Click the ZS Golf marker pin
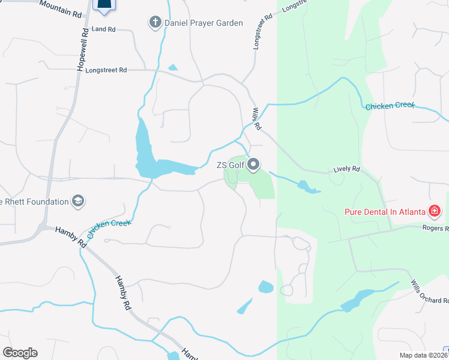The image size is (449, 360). click(253, 164)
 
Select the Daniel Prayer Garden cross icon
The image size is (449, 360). click(155, 23)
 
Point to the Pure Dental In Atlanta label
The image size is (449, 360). click(384, 211)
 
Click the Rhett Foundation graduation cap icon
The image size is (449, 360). click(77, 201)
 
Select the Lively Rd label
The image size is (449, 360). click(347, 170)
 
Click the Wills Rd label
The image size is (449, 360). click(256, 119)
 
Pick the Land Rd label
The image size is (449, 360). click(104, 29)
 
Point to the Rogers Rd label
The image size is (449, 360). click(435, 228)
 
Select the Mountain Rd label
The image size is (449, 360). click(61, 8)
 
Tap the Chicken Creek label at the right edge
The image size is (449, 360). click(390, 106)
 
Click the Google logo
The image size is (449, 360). click(20, 353)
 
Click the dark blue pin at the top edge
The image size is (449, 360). click(104, 5)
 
